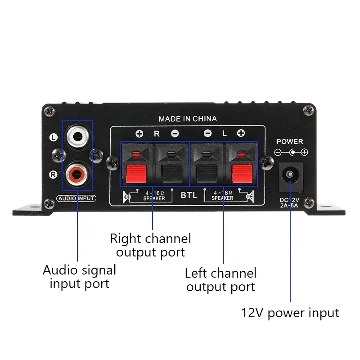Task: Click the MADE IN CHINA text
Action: click(188, 119)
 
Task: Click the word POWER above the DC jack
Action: click(290, 141)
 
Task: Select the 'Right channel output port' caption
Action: click(150, 245)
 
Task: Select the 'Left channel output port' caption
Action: click(220, 279)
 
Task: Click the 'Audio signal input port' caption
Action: click(79, 277)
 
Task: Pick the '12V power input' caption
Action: click(290, 312)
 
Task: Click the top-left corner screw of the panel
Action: click(51, 109)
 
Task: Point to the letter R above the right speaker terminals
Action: click(157, 133)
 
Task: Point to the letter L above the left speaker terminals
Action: click(224, 133)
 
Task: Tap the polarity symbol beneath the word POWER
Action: click(292, 153)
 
